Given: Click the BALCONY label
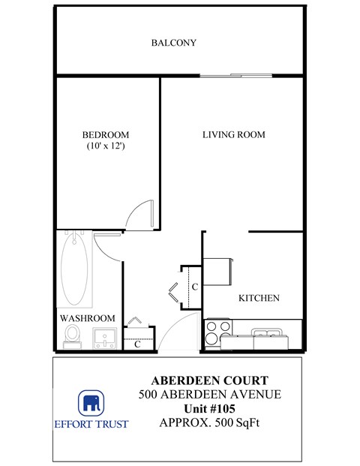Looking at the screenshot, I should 173,43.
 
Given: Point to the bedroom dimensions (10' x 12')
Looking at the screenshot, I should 104,146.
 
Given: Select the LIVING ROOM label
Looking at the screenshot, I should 234,135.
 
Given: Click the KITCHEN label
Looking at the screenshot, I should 259,298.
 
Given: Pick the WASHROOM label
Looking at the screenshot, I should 87,318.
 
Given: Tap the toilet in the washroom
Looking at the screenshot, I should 73,335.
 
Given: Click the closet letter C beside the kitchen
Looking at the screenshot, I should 193,287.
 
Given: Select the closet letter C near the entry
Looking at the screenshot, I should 137,344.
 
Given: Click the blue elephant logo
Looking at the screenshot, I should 91,403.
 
